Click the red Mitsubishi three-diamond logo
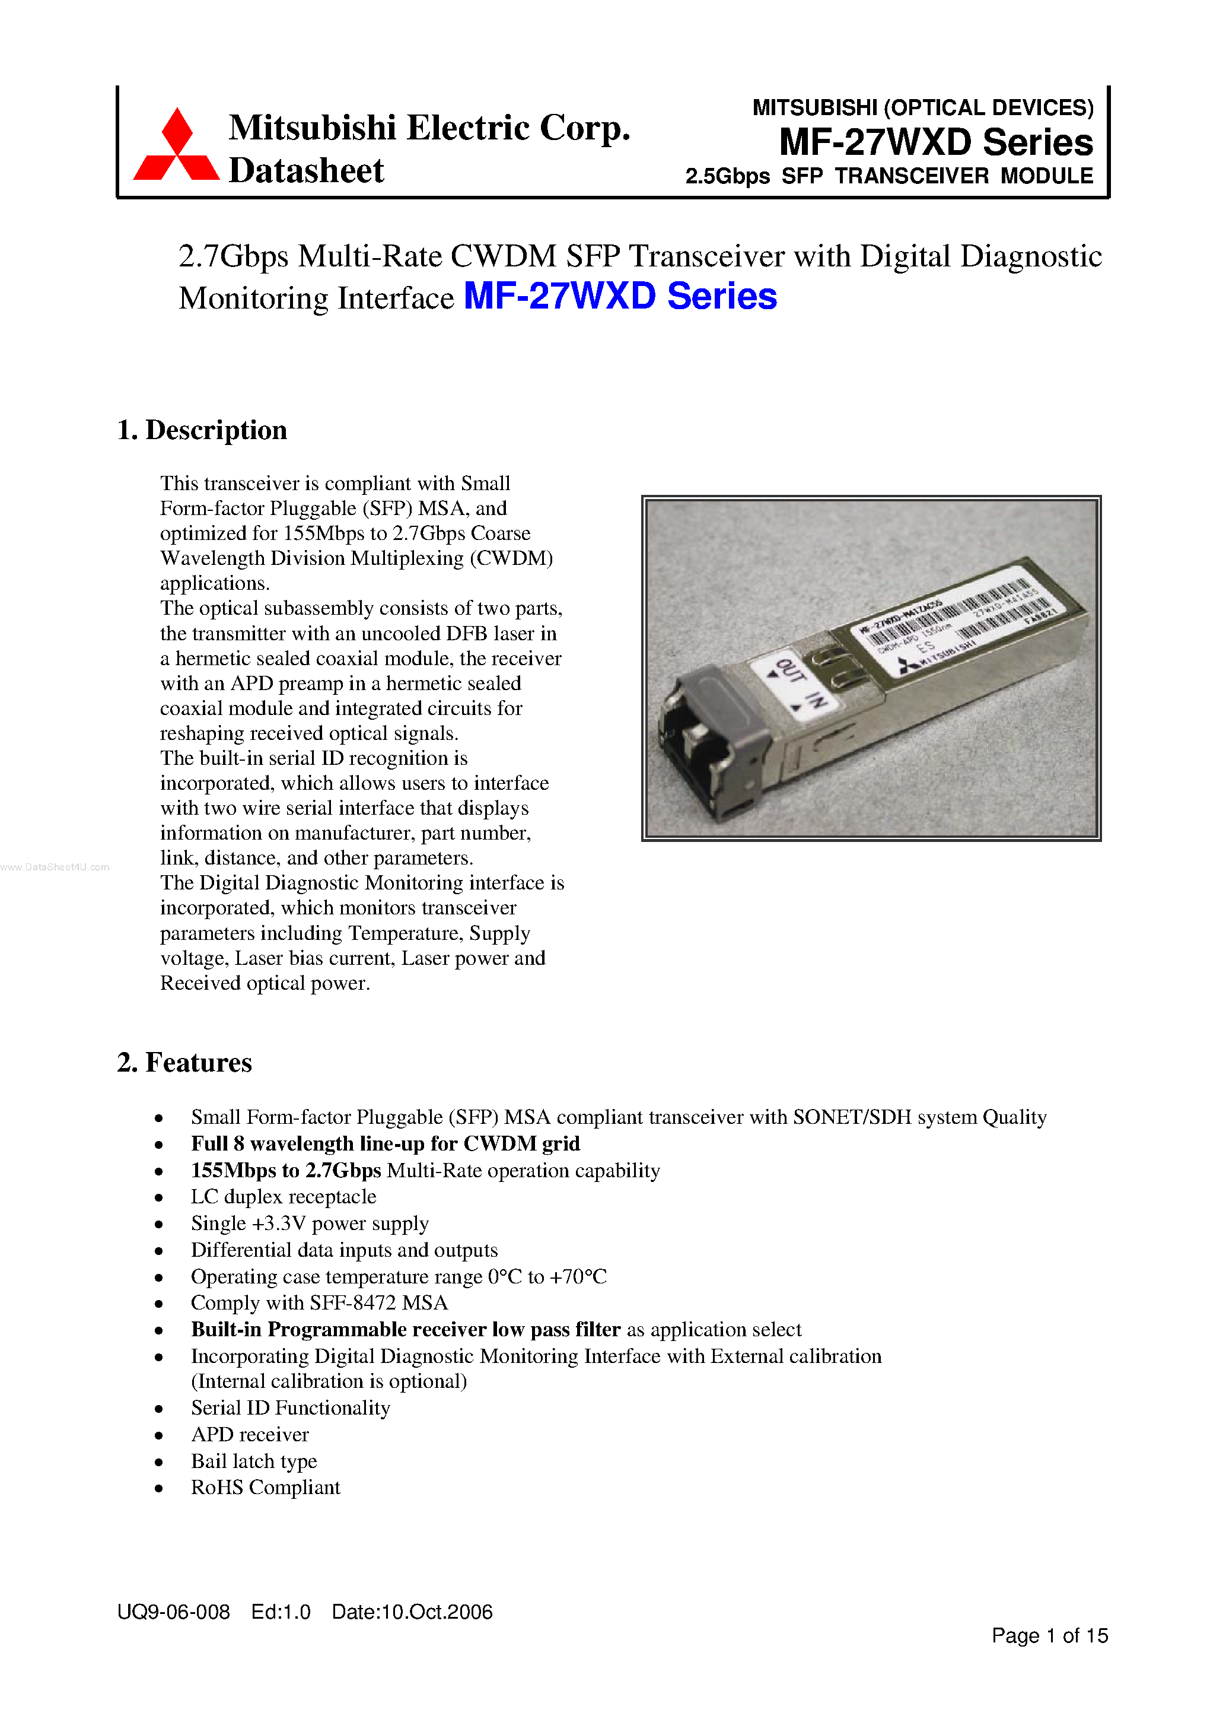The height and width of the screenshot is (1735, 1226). pyautogui.click(x=177, y=147)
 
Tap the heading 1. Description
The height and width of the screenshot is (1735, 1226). pyautogui.click(x=202, y=430)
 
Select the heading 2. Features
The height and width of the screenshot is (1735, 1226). pyautogui.click(x=184, y=1063)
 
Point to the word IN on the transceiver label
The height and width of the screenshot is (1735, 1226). pyautogui.click(x=814, y=700)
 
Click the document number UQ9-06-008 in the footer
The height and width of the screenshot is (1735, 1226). pyautogui.click(x=173, y=1612)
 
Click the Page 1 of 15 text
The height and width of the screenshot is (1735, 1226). pyautogui.click(x=1049, y=1635)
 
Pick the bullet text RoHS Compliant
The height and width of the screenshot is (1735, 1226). pyautogui.click(x=265, y=1487)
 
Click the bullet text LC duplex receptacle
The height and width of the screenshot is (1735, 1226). pyautogui.click(x=284, y=1197)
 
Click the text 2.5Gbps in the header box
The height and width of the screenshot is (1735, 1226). pyautogui.click(x=727, y=176)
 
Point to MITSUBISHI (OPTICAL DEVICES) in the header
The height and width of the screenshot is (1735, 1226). pyautogui.click(x=922, y=108)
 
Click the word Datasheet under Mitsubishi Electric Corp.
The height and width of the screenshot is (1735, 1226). pyautogui.click(x=306, y=171)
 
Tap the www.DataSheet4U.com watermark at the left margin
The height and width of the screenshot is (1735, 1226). pyautogui.click(x=55, y=867)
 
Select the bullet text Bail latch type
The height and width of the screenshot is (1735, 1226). pyautogui.click(x=254, y=1461)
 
